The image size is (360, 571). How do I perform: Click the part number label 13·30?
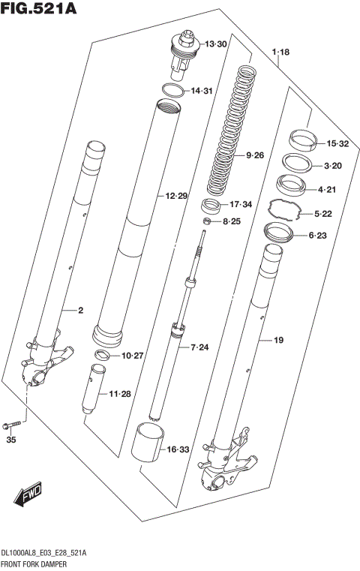point(214,44)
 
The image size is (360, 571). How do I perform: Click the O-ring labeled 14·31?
point(173,92)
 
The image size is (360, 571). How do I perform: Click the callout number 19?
point(277,341)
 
